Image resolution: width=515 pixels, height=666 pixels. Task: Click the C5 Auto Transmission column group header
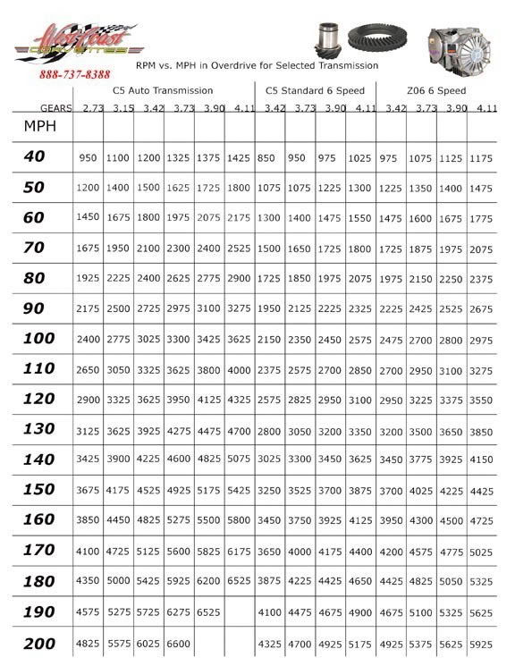click(163, 90)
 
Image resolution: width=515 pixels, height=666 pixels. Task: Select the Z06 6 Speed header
click(437, 90)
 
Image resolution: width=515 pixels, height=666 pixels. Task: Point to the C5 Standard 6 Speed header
click(316, 90)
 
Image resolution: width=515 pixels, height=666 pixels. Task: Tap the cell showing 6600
click(178, 644)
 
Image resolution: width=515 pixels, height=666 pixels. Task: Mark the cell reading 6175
click(239, 552)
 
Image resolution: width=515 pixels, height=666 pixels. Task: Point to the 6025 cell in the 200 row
click(148, 644)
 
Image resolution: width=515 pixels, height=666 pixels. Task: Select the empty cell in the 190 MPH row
click(239, 613)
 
